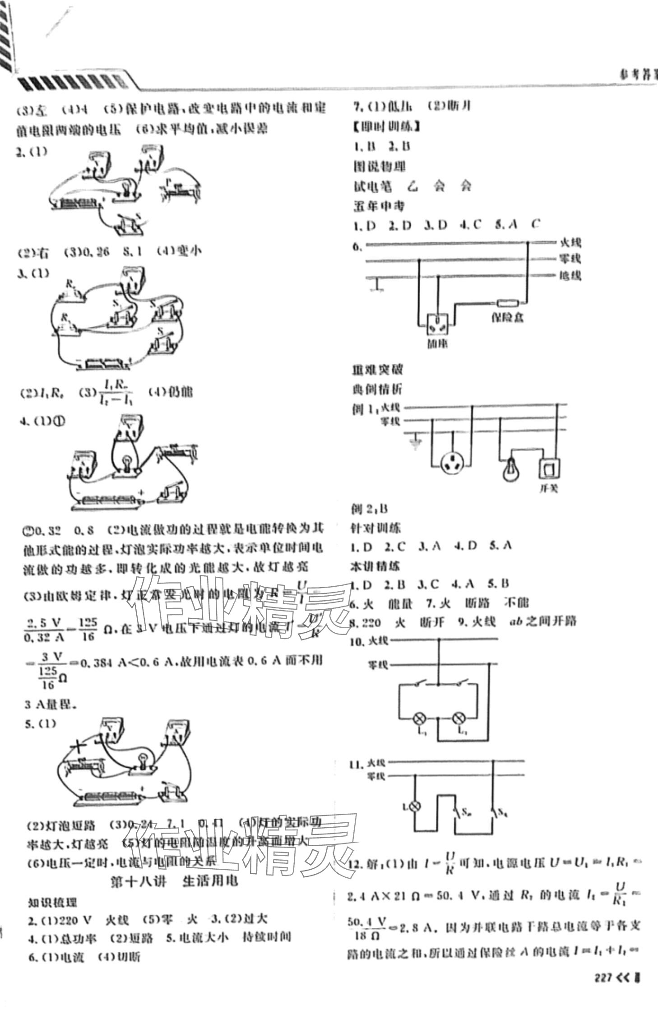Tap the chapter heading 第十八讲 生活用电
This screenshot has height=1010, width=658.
click(174, 880)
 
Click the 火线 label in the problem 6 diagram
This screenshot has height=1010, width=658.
click(570, 242)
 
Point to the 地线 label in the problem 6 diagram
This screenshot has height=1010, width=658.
click(570, 275)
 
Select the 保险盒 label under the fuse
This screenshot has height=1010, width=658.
click(508, 318)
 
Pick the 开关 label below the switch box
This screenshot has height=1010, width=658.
click(549, 489)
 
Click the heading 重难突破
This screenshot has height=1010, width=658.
click(377, 369)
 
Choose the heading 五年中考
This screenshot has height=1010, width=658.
click(378, 206)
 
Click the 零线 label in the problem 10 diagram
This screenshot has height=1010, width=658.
click(377, 665)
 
